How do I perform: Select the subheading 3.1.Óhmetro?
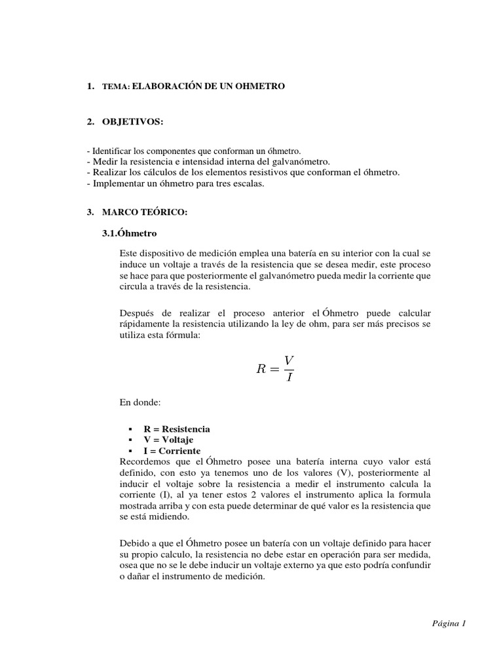click(129, 233)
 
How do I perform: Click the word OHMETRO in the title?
click(259, 86)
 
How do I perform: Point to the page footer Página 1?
click(448, 623)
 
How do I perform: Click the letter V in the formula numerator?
click(289, 360)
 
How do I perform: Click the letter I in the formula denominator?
click(289, 379)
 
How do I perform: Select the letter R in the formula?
click(262, 370)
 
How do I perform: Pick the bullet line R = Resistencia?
click(177, 429)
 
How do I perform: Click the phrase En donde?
click(138, 401)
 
